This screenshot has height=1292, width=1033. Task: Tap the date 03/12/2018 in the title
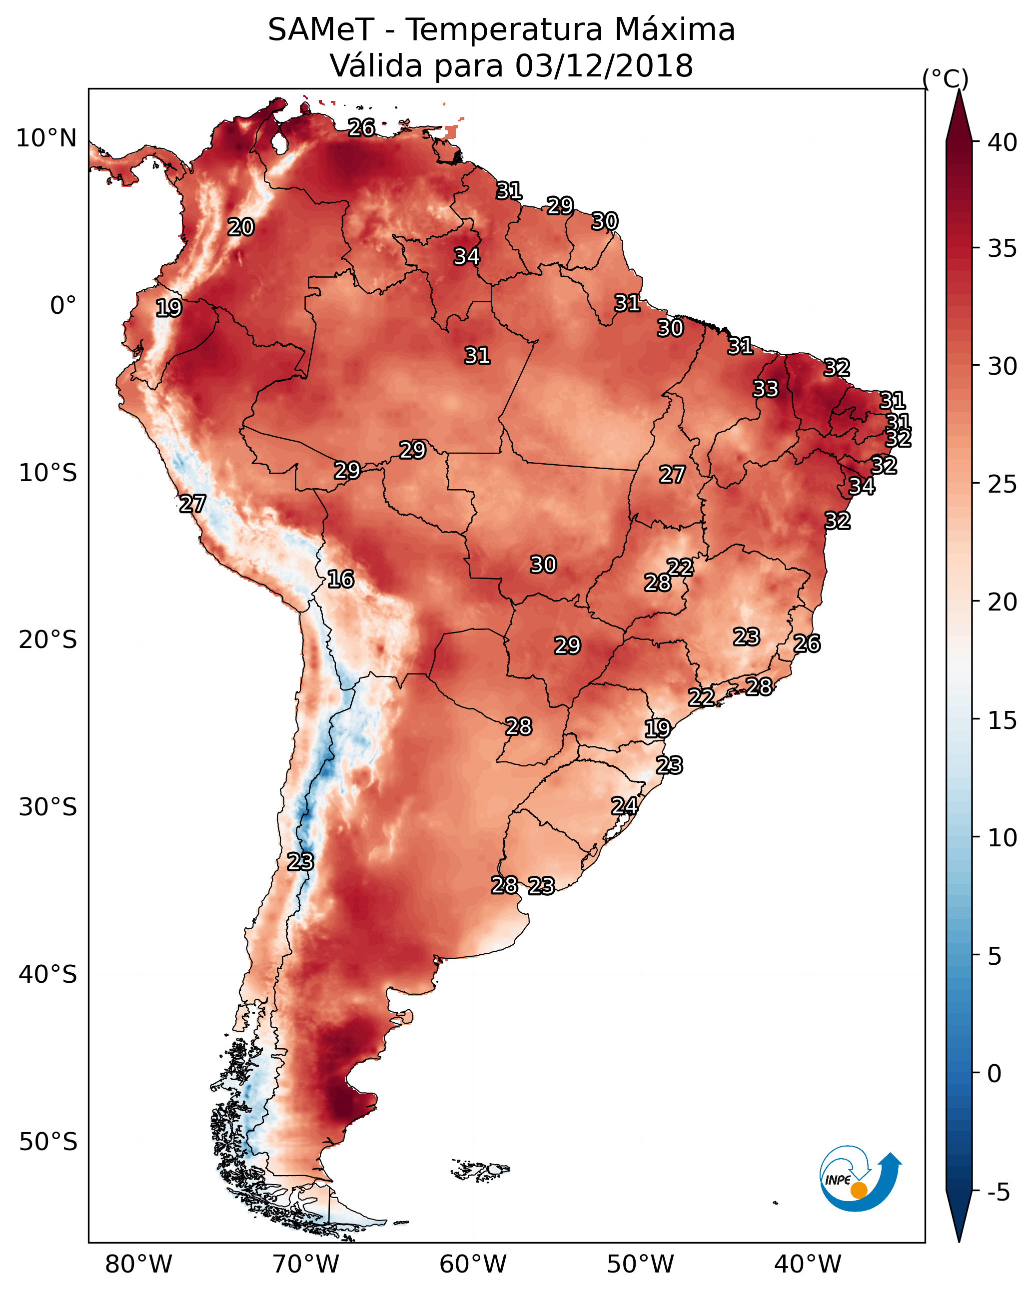pyautogui.click(x=604, y=66)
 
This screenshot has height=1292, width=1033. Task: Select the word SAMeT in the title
pyautogui.click(x=321, y=30)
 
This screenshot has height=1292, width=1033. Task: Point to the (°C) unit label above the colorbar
pyautogui.click(x=946, y=78)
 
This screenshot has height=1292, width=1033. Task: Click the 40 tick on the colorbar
pyautogui.click(x=1003, y=142)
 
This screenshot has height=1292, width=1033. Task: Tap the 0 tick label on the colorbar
pyautogui.click(x=995, y=1074)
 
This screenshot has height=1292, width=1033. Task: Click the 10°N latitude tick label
pyautogui.click(x=46, y=138)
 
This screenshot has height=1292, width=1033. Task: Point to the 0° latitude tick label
pyautogui.click(x=63, y=306)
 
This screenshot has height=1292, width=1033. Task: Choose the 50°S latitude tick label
pyautogui.click(x=48, y=1142)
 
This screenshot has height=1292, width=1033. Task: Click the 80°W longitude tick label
pyautogui.click(x=138, y=1264)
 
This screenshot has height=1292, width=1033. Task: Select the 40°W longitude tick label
pyautogui.click(x=808, y=1264)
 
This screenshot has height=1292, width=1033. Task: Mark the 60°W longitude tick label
pyautogui.click(x=473, y=1264)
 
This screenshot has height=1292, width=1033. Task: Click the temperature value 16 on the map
pyautogui.click(x=340, y=580)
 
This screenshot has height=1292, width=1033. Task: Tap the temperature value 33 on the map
pyautogui.click(x=766, y=389)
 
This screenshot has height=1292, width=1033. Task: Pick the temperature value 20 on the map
pyautogui.click(x=241, y=227)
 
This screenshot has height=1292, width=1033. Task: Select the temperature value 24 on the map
pyautogui.click(x=624, y=806)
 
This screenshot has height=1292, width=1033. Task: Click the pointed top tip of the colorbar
pyautogui.click(x=959, y=90)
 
